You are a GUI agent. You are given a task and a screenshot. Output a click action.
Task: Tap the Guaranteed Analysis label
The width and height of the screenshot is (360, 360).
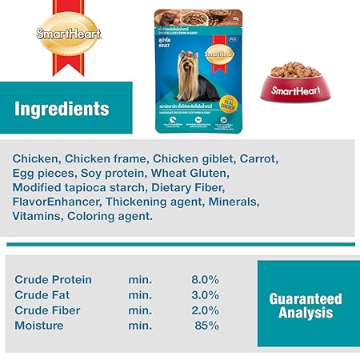[x=305, y=305]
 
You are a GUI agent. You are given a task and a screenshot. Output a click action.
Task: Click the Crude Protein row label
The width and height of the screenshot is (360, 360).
[x=54, y=280]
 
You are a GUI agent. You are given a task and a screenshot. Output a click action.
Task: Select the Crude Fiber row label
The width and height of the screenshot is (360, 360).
[x=47, y=310]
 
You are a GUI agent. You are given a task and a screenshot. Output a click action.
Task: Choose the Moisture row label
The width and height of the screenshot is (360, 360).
[x=40, y=326]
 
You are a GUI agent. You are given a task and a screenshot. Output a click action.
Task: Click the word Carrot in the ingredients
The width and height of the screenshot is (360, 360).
[x=257, y=158]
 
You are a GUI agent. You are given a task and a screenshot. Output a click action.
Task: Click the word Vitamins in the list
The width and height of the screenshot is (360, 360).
[x=38, y=216]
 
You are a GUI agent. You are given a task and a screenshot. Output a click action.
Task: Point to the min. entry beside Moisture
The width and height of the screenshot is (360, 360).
[x=140, y=326]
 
